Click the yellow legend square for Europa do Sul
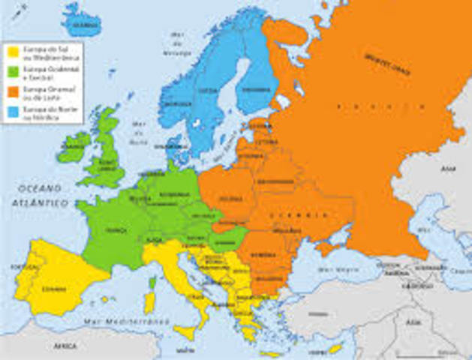tap(13, 52)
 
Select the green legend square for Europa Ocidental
tap(13, 72)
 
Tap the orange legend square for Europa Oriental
tap(13, 92)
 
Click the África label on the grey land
tap(66, 347)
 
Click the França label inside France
tap(116, 229)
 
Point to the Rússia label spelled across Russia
tap(353, 106)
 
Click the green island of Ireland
tap(74, 147)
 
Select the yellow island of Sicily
tap(183, 329)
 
